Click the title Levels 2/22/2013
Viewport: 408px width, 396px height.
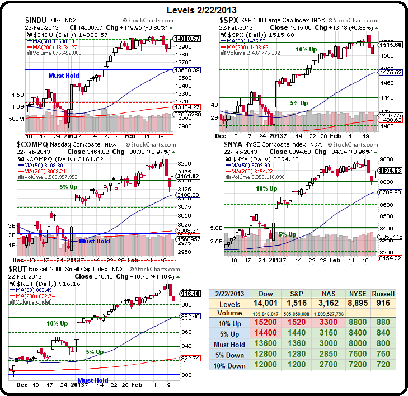tap(204, 10)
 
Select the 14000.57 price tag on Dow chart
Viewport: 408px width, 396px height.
tap(187, 39)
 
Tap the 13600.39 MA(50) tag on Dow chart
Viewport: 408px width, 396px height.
tap(187, 70)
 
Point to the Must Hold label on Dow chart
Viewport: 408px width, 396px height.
tap(63, 75)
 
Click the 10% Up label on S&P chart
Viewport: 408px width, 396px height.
tap(306, 50)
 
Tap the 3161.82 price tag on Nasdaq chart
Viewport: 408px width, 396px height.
tap(187, 176)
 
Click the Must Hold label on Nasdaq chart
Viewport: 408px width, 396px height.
tap(94, 241)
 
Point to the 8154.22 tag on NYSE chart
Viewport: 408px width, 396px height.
tap(391, 258)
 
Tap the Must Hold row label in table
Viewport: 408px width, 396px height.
tap(228, 345)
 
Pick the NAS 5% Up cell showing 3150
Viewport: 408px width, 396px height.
tap(328, 334)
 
